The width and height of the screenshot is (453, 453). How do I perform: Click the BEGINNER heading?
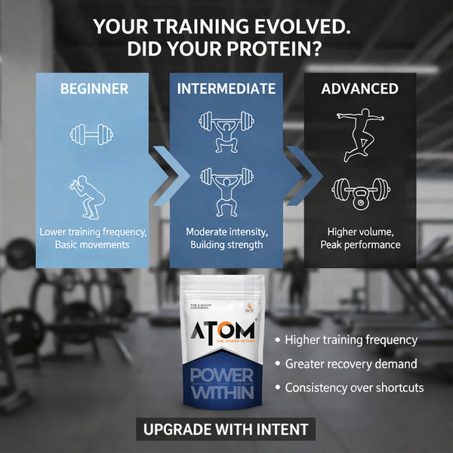coord(94,88)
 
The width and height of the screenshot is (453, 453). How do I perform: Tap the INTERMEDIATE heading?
coord(226,88)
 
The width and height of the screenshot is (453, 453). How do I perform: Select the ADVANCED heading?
coord(359,88)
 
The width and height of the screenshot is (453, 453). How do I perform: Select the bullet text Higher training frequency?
coord(351,340)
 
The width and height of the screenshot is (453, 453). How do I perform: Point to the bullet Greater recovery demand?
coord(351,364)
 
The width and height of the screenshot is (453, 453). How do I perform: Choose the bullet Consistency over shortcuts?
coord(354,388)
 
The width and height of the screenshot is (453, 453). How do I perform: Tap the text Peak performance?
coord(359,245)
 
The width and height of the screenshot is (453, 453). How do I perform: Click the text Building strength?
coord(226,245)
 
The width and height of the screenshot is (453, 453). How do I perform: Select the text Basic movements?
coord(94,245)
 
